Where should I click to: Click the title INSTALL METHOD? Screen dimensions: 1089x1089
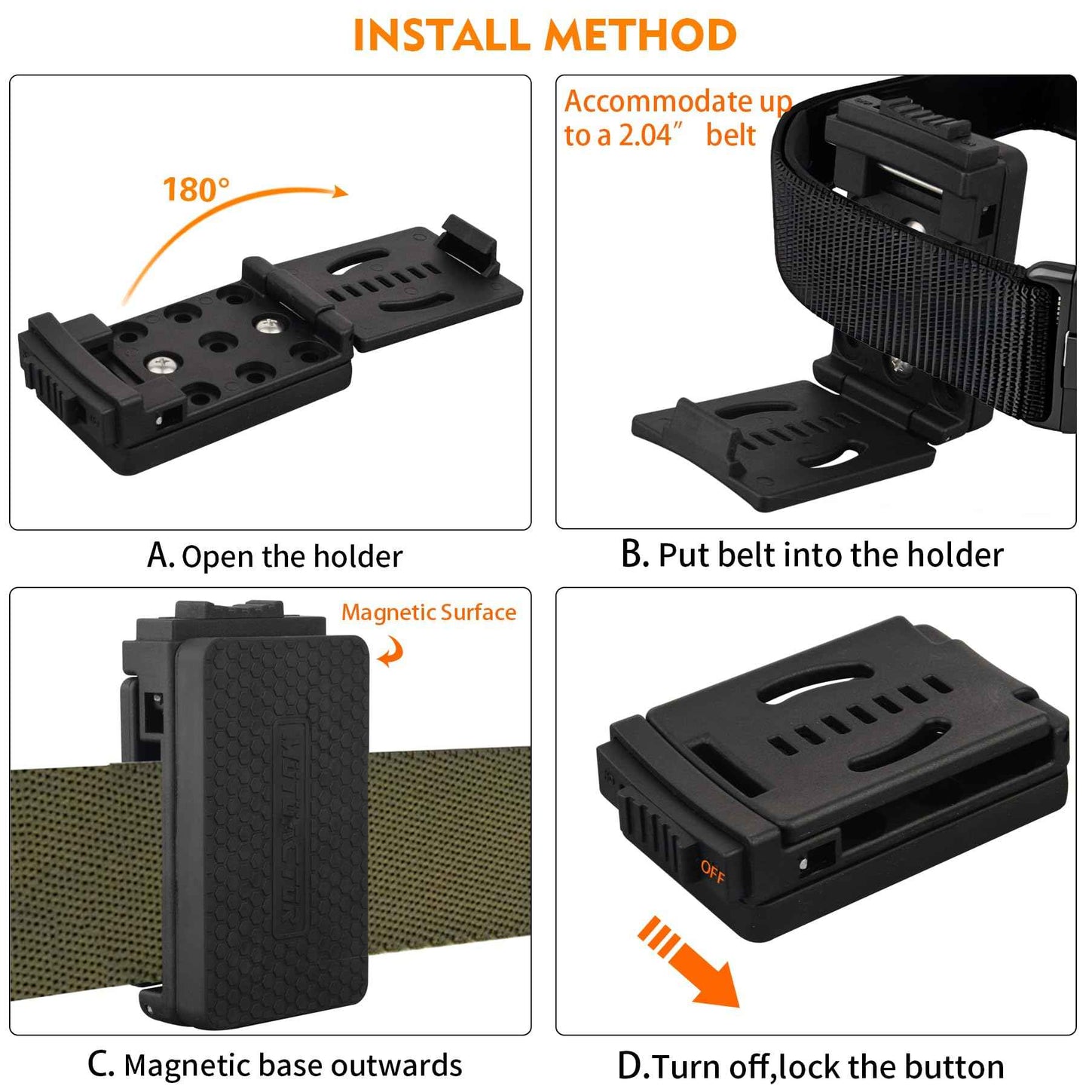point(544,35)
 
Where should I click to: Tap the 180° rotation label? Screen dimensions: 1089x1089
point(195,189)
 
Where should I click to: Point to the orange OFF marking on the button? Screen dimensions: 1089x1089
point(712,871)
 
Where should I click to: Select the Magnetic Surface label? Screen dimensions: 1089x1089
point(428,612)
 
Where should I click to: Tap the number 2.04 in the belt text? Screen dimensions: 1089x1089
point(645,136)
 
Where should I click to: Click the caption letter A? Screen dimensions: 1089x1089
point(159,555)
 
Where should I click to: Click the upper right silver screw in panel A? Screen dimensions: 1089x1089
point(267,326)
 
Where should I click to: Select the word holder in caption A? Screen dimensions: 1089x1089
point(358,556)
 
